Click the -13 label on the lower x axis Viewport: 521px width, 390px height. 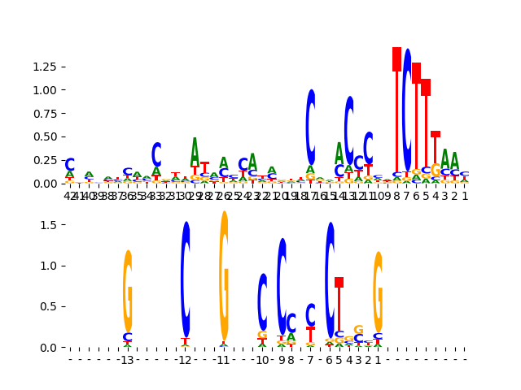coord(127,360)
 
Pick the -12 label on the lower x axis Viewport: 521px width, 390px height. coord(185,360)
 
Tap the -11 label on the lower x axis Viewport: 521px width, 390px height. coord(223,360)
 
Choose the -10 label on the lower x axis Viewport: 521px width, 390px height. coord(261,360)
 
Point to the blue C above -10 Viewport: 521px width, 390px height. coord(262,301)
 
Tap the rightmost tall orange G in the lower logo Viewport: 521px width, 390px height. coord(378,291)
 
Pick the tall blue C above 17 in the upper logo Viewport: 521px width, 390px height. coord(311,127)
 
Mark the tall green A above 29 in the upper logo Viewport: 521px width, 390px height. coord(195,152)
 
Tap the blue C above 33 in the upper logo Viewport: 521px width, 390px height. coord(156,154)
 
